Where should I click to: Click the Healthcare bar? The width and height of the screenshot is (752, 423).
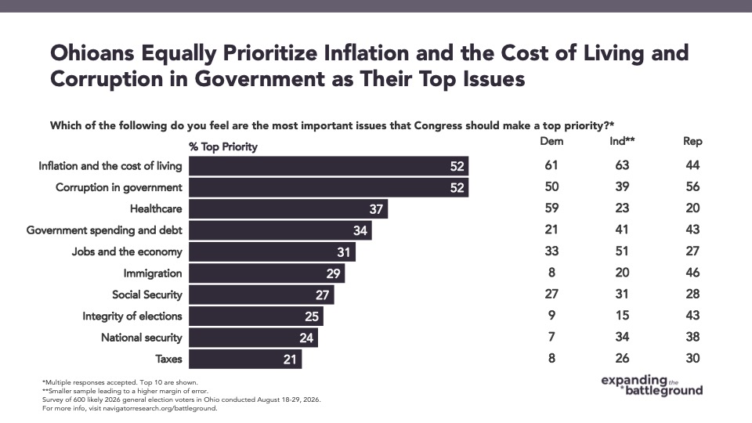(288, 209)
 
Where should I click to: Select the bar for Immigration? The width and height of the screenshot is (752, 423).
(266, 273)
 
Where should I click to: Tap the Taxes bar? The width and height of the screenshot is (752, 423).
(245, 360)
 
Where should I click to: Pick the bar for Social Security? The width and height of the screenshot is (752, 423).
(262, 295)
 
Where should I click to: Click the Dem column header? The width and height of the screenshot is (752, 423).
(551, 141)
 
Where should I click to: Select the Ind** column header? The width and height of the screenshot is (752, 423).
(622, 141)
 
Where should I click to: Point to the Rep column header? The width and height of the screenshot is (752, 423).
(692, 142)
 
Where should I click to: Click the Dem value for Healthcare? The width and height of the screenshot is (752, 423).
(551, 208)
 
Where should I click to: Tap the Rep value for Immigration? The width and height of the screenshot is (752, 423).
(692, 273)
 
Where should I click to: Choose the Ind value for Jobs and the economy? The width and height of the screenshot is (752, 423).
(622, 251)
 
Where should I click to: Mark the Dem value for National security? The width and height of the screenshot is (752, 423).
(551, 337)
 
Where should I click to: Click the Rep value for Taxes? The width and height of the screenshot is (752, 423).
(692, 358)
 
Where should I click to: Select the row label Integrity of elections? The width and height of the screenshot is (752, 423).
(132, 316)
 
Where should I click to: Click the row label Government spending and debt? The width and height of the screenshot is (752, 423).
(104, 230)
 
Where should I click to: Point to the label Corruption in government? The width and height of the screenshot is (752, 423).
(119, 187)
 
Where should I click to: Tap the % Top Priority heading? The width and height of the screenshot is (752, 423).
(223, 146)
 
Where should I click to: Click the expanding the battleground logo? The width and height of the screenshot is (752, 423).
(652, 385)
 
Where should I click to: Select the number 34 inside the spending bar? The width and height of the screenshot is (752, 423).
(360, 230)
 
